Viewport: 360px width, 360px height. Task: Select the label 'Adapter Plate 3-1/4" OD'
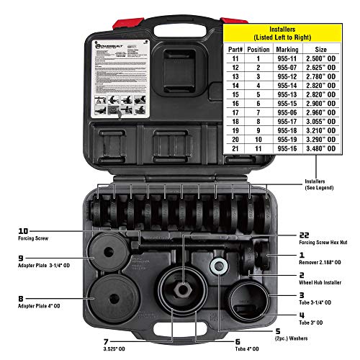[39, 266]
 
